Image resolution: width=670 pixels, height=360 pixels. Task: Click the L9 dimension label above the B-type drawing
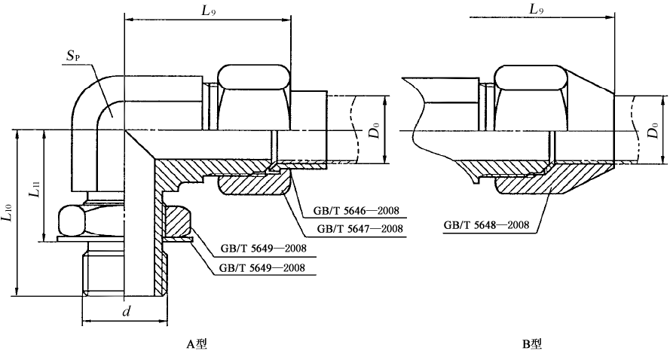click(536, 11)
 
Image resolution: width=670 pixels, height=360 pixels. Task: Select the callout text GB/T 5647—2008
click(357, 229)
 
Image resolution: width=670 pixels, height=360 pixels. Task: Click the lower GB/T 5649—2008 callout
click(260, 267)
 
